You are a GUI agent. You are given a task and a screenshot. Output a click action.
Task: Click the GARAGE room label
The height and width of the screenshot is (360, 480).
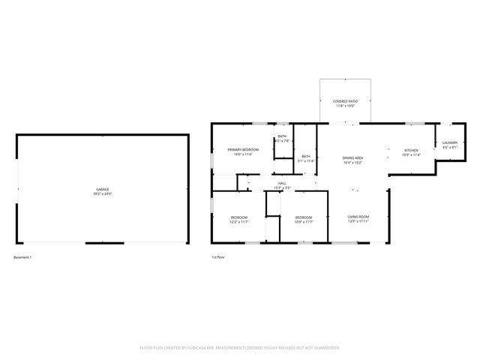click(102, 189)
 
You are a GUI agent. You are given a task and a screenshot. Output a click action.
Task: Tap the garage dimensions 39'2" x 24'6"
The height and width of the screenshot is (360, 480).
click(102, 194)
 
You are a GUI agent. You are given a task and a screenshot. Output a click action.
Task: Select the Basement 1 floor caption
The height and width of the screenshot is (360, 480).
click(23, 257)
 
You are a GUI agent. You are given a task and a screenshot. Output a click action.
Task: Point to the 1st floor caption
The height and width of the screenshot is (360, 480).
click(218, 257)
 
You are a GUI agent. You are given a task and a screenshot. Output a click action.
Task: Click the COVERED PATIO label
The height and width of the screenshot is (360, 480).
click(346, 101)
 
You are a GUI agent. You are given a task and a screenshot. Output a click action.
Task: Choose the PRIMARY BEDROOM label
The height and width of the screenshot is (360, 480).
click(243, 150)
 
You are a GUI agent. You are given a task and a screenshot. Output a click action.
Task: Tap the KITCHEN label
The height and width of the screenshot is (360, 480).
click(411, 150)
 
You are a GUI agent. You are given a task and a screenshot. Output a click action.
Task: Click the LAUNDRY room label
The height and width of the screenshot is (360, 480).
click(449, 142)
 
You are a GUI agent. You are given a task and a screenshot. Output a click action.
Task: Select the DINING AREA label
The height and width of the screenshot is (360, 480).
click(353, 157)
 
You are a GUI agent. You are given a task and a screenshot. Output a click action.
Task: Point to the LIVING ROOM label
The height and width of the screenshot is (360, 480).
click(358, 217)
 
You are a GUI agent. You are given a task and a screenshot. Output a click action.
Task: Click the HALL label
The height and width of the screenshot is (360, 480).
click(282, 183)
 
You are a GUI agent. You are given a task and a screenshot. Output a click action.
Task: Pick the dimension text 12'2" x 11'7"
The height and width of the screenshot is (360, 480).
click(238, 222)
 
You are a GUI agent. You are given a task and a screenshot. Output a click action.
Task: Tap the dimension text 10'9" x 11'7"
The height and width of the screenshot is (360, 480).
click(303, 222)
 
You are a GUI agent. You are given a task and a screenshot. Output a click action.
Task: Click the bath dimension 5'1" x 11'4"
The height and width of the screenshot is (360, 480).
click(306, 160)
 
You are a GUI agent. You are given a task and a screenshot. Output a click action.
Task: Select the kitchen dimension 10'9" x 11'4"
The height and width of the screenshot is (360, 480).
click(411, 155)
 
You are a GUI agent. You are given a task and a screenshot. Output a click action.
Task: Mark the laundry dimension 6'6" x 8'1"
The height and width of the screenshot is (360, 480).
click(449, 148)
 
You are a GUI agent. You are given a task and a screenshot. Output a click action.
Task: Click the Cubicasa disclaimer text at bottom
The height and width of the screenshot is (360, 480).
click(240, 347)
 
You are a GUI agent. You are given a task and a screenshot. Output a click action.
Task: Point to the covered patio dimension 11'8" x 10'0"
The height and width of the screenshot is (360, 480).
click(346, 106)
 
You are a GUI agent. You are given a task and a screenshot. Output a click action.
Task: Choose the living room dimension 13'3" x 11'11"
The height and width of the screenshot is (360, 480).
click(358, 222)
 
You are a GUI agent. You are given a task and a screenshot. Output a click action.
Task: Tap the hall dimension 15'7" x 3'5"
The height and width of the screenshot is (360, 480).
click(282, 188)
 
